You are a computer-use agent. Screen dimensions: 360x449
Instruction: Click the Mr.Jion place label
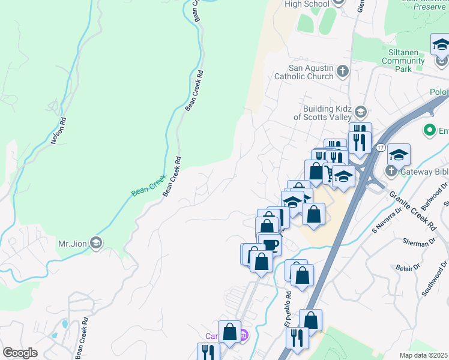pyautogui.click(x=70, y=244)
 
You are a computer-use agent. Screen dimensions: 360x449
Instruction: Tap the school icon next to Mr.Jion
pyautogui.click(x=97, y=243)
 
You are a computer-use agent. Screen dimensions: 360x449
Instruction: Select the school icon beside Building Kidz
pyautogui.click(x=360, y=112)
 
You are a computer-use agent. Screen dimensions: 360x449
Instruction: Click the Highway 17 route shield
pyautogui.click(x=381, y=147)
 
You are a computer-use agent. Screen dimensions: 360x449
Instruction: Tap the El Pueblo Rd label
pyautogui.click(x=289, y=308)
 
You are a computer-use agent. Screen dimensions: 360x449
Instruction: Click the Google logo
pyautogui.click(x=20, y=353)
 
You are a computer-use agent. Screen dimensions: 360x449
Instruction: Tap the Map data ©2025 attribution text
pyautogui.click(x=423, y=355)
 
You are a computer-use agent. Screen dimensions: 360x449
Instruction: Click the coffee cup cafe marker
pyautogui.click(x=270, y=244)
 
